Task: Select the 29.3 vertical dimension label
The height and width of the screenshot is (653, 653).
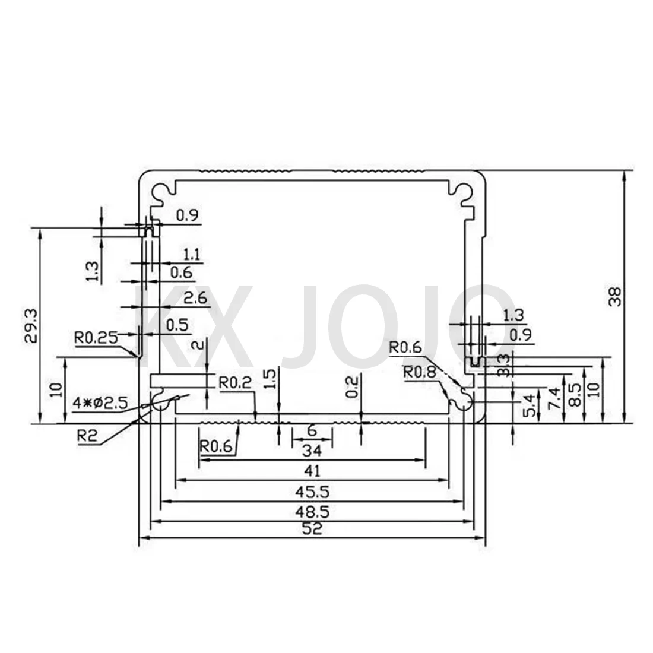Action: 33,325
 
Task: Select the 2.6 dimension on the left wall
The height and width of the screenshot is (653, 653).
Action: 195,298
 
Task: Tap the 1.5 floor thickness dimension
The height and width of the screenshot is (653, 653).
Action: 270,379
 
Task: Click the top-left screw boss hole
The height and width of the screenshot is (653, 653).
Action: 161,190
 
